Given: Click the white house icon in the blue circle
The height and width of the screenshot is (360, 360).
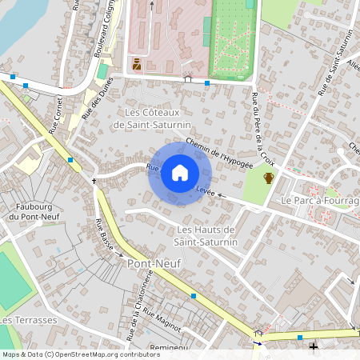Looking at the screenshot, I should pyautogui.click(x=180, y=173).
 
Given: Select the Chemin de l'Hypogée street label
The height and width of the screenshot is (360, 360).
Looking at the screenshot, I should pyautogui.click(x=218, y=152).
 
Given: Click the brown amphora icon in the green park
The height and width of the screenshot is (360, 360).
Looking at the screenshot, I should pyautogui.click(x=269, y=178).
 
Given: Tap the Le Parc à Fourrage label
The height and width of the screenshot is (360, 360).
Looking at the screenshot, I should pyautogui.click(x=319, y=200).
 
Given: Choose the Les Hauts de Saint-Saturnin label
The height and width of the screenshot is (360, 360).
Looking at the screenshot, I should pyautogui.click(x=206, y=236).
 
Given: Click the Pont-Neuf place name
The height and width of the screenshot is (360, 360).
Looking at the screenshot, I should pyautogui.click(x=152, y=262).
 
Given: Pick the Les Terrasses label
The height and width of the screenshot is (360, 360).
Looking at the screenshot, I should pyautogui.click(x=29, y=320).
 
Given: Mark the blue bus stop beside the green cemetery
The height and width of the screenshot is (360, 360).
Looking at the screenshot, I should pyautogui.click(x=207, y=82).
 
